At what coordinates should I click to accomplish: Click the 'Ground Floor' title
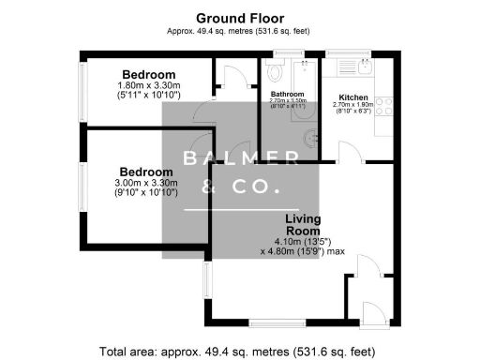tap(240, 18)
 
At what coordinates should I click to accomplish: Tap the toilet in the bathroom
tap(274, 69)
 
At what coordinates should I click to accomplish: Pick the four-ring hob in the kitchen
tap(383, 103)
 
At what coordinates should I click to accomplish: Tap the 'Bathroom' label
tap(288, 95)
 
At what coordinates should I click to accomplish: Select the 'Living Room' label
tap(303, 225)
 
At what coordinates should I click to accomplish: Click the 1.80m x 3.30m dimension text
tap(148, 85)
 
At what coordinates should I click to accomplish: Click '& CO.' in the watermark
tap(240, 188)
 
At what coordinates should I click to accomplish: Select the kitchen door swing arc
tap(346, 150)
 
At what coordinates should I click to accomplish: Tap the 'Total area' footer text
tap(240, 351)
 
